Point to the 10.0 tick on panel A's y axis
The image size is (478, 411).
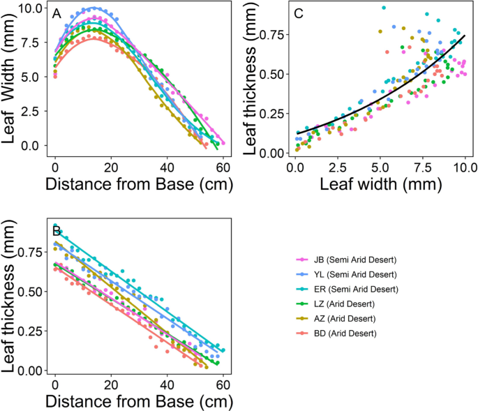point(31,9)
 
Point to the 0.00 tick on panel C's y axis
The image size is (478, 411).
point(272,153)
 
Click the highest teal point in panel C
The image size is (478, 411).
point(384,8)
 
